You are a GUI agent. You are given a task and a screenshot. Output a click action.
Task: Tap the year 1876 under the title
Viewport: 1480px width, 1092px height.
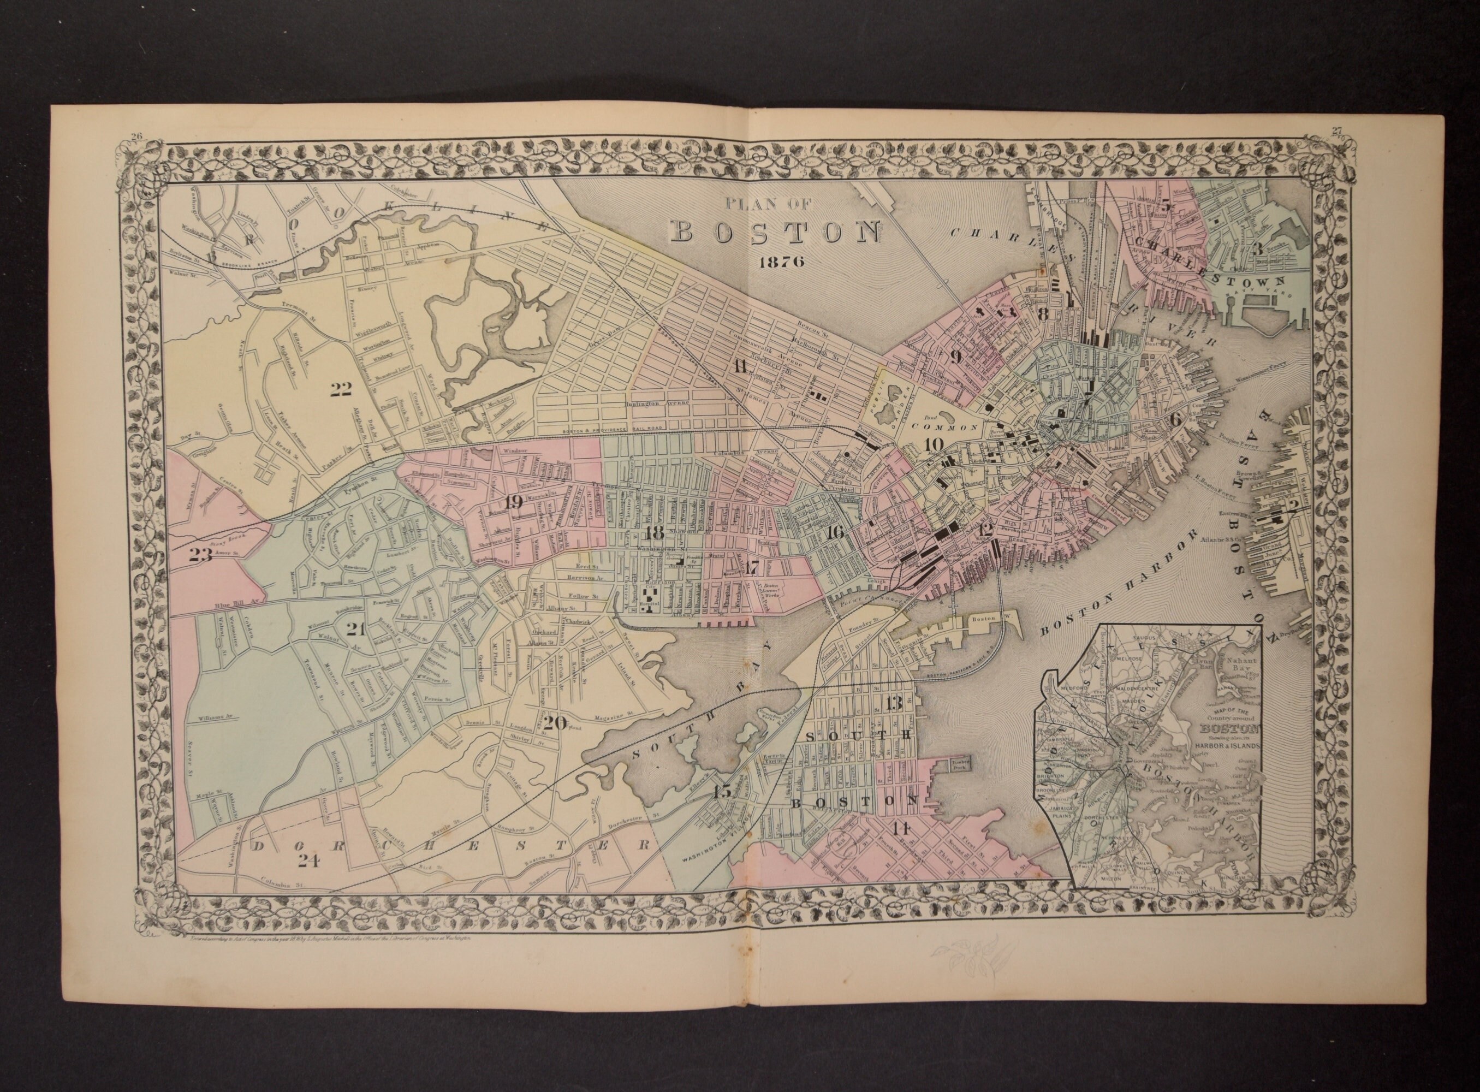click(x=781, y=261)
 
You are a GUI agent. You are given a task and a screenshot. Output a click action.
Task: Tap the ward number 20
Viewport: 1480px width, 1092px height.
click(x=555, y=723)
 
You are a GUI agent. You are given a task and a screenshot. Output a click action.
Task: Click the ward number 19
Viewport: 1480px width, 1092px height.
click(x=514, y=502)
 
